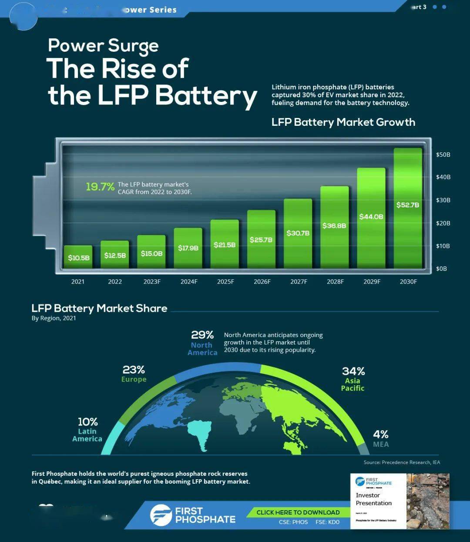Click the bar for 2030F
408,209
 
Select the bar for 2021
78,257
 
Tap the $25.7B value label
261,240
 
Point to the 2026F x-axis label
262,282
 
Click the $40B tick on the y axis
443,177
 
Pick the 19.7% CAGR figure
100,187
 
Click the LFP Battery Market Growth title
343,122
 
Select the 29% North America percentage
202,335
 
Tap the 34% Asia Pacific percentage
353,371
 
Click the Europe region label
134,380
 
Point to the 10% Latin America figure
87,422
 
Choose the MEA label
381,444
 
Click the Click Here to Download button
298,512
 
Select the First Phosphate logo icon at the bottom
161,515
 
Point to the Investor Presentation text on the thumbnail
373,499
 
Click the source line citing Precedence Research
401,462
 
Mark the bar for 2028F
335,227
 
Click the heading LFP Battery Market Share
99,308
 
